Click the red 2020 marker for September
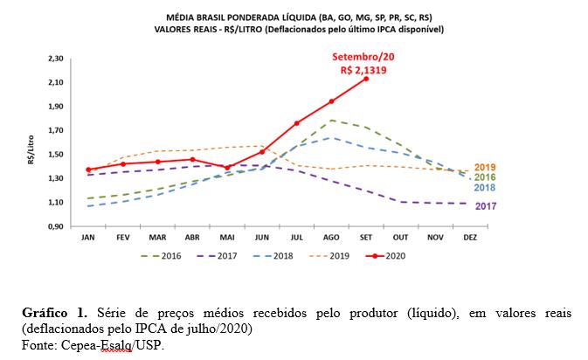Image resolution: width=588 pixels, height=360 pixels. click(366, 79)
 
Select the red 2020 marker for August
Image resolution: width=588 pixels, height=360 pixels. click(331, 101)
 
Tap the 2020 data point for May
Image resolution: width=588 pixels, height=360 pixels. click(227, 168)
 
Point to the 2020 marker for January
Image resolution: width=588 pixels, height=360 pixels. click(88, 170)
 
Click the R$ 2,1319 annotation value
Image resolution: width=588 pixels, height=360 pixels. click(363, 70)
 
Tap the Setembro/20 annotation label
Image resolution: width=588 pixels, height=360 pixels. click(363, 57)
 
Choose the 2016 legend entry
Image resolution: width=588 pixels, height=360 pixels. click(161, 256)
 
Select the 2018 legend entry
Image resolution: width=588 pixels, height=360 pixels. click(273, 256)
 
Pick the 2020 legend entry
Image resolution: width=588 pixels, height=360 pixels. click(385, 256)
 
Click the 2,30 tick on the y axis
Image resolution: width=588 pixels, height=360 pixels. click(56, 59)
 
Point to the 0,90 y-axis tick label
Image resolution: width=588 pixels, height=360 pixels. click(56, 226)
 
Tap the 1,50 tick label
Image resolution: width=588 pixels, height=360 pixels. click(56, 155)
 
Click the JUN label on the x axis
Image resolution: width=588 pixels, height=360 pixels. click(262, 238)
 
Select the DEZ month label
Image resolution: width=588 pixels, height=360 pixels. click(470, 238)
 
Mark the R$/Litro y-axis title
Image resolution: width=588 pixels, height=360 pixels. click(31, 149)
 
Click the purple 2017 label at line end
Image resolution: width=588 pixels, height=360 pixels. click(486, 206)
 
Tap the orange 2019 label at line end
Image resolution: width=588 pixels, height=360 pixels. click(485, 167)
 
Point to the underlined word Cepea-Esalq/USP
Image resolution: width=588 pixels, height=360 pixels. click(112, 345)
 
